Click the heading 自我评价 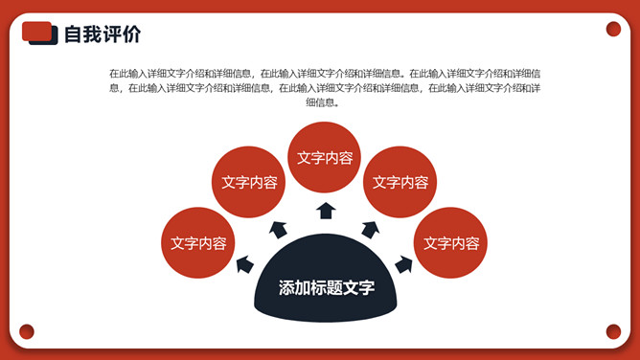coord(103,34)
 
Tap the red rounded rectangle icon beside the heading coord(36,32)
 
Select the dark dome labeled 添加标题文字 coord(326,278)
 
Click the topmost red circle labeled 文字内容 coord(325,157)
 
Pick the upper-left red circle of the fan coord(248,182)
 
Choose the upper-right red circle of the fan coord(400,182)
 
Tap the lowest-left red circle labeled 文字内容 coord(198,243)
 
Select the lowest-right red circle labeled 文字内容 coord(450,243)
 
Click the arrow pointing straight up coord(326,211)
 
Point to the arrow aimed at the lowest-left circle coord(245,264)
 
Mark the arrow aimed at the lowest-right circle coord(403,264)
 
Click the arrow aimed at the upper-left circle coord(279,230)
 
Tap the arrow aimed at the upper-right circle coord(370,230)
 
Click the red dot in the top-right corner coord(613,29)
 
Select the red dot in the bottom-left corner coord(27,332)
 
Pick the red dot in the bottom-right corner coord(613,332)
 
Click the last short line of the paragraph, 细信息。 coord(323,102)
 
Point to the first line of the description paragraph coord(325,74)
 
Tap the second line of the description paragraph coord(325,88)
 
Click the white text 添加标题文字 coord(327,288)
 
